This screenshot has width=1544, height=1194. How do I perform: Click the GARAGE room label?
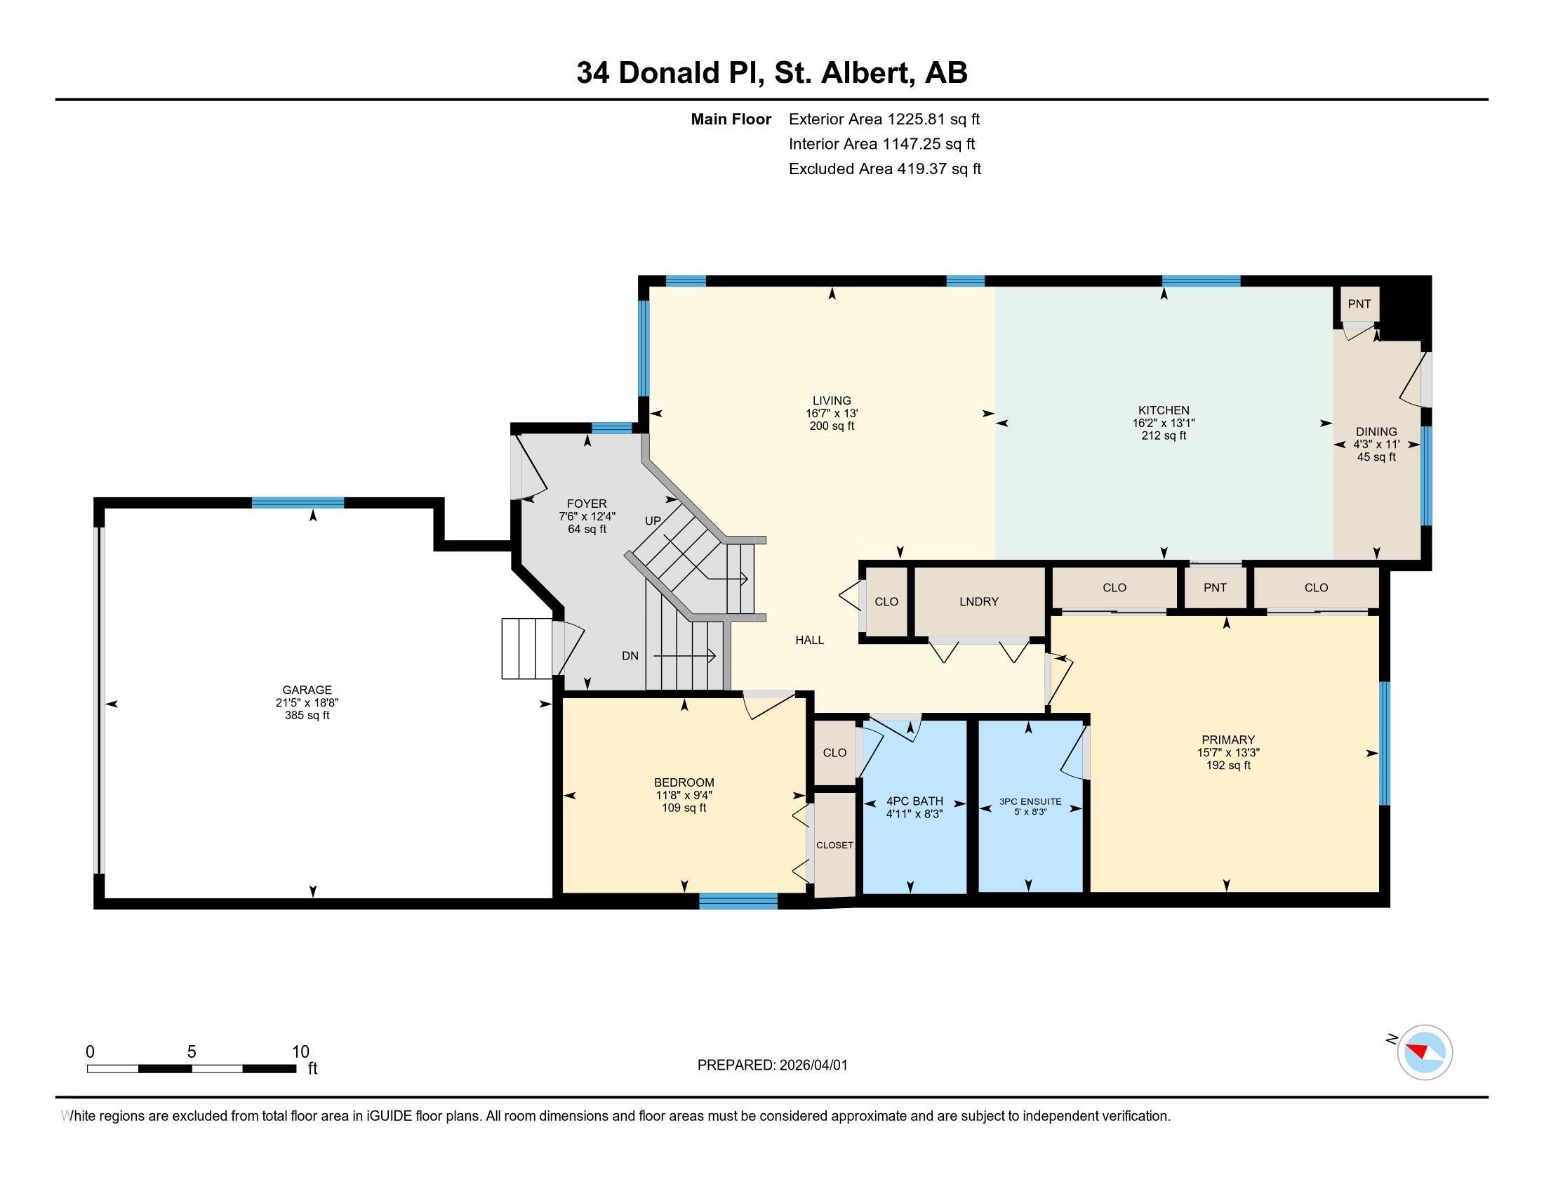pos(307,690)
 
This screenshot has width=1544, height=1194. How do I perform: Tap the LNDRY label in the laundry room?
pos(978,602)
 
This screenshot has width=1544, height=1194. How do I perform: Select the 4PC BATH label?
pos(914,801)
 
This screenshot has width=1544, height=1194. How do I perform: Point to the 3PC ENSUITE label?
pos(1030,801)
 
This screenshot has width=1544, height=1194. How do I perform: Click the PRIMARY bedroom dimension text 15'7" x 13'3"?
pos(1228,753)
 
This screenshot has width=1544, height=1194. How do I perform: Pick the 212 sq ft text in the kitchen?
pos(1164,435)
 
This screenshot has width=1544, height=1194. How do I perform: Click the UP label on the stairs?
pos(653,520)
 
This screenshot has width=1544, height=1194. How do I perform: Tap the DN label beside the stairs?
pos(630,656)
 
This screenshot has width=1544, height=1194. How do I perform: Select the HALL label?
pos(809,640)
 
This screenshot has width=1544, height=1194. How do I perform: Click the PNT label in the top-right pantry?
pos(1359,304)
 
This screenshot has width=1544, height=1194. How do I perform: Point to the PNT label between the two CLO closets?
pos(1215,588)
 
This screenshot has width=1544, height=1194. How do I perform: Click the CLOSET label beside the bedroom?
pos(835,845)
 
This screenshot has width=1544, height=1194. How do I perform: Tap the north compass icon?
pos(1424,1053)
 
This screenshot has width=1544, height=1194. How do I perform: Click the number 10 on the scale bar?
pos(301,1052)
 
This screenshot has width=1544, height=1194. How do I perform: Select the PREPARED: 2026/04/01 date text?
pos(772,1065)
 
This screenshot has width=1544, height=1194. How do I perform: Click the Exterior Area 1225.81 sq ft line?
pos(884,119)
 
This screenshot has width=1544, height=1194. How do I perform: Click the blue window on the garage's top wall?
pos(298,503)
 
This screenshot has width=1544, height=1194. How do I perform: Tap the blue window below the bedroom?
pos(738,900)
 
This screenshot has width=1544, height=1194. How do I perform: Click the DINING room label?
pos(1376,431)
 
